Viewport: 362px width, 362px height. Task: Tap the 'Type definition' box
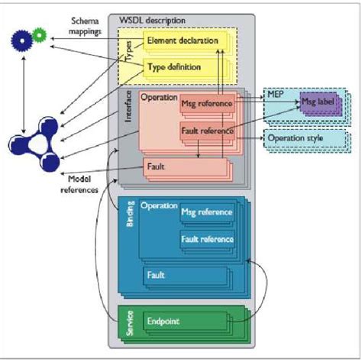click(173, 67)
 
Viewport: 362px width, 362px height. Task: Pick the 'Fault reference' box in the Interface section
click(206, 131)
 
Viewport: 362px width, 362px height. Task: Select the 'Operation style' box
click(305, 139)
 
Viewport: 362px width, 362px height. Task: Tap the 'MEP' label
click(276, 93)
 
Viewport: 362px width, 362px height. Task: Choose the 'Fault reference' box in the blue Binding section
click(206, 240)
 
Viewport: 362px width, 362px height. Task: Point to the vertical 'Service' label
click(130, 322)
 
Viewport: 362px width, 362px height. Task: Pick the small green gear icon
click(40, 33)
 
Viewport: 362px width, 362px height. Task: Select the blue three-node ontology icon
click(34, 141)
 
